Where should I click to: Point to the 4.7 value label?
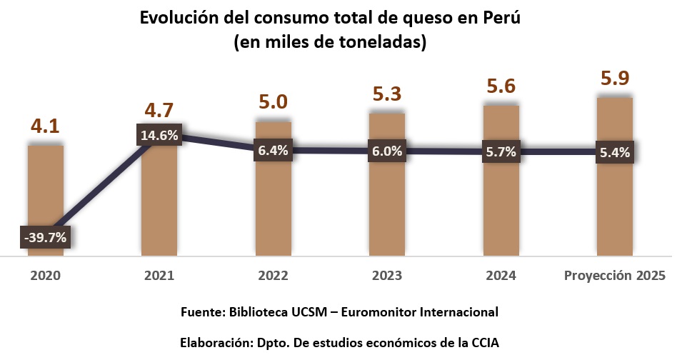coord(159,111)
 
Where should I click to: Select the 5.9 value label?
coord(615,78)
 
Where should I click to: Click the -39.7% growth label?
coord(45,237)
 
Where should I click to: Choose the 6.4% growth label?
coord(274,151)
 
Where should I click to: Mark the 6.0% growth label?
coord(387,151)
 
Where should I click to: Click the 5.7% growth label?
coord(501,151)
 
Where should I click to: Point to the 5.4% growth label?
coord(615,151)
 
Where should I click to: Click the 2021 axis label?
coord(159,276)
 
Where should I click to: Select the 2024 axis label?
coord(501,276)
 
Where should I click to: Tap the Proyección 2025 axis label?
coord(615,276)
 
